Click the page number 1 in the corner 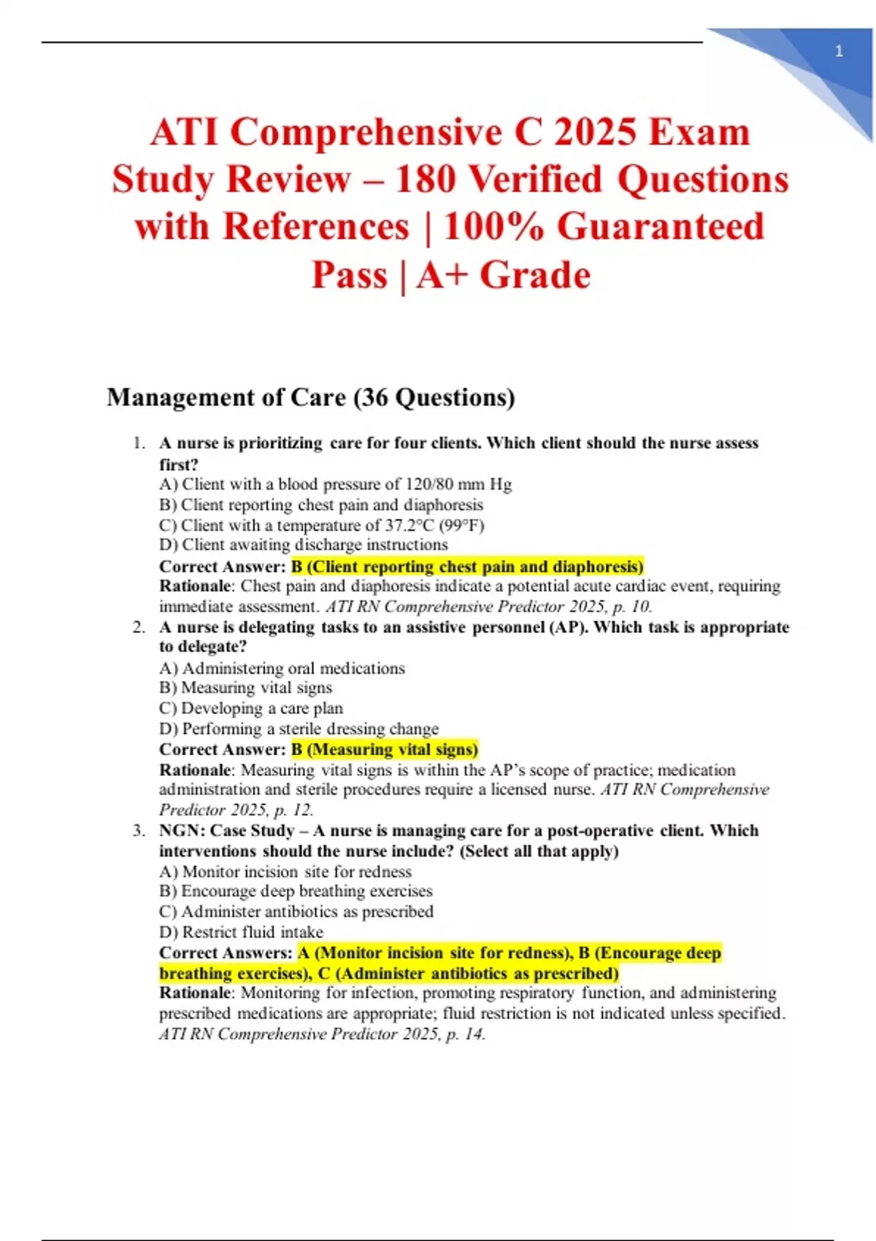coord(839,51)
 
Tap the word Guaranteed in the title coord(661,227)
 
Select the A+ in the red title coord(442,275)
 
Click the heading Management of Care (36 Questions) coord(311,398)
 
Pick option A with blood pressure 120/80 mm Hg coord(336,484)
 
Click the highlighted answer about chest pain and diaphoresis coord(467,566)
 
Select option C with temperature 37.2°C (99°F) coord(322,525)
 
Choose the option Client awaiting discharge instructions coord(304,545)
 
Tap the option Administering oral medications coord(282,668)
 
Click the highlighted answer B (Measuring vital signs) coord(384,749)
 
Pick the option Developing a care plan coord(251,708)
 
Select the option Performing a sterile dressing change coord(299,729)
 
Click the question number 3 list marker coord(138,831)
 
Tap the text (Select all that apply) coord(539,851)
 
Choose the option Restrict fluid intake coord(242,932)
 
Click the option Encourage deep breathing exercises coord(296,891)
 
